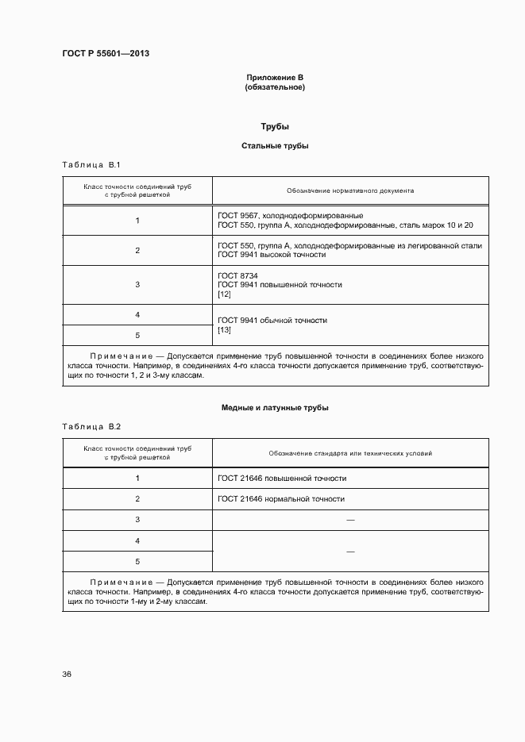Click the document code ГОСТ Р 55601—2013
(x=106, y=53)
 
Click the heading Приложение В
(x=275, y=78)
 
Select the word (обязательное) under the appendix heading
(x=275, y=87)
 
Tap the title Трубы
(x=275, y=127)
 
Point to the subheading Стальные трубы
(x=275, y=146)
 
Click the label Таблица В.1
(x=91, y=165)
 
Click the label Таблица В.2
(x=91, y=427)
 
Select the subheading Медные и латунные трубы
(x=275, y=408)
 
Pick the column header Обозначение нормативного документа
(x=350, y=191)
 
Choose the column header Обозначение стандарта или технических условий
(x=350, y=453)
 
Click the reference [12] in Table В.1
(x=223, y=294)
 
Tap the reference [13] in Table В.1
(x=223, y=330)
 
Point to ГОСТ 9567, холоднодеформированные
(x=290, y=215)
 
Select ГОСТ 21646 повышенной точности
(x=281, y=479)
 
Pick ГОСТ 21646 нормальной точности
(x=280, y=499)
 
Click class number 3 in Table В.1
(x=137, y=284)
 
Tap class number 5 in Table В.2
(x=137, y=562)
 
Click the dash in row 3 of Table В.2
(x=350, y=520)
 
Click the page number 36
(x=67, y=675)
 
